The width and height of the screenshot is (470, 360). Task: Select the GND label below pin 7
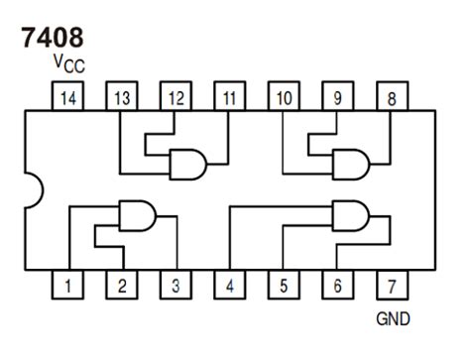393,319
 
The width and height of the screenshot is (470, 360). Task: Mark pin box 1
66,287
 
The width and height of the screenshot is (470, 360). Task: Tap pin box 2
121,287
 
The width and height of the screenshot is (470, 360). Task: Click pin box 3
176,287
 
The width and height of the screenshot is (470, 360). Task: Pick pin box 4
229,287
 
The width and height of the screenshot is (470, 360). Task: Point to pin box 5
284,287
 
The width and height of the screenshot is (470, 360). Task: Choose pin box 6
338,287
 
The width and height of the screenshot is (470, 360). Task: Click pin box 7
393,287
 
